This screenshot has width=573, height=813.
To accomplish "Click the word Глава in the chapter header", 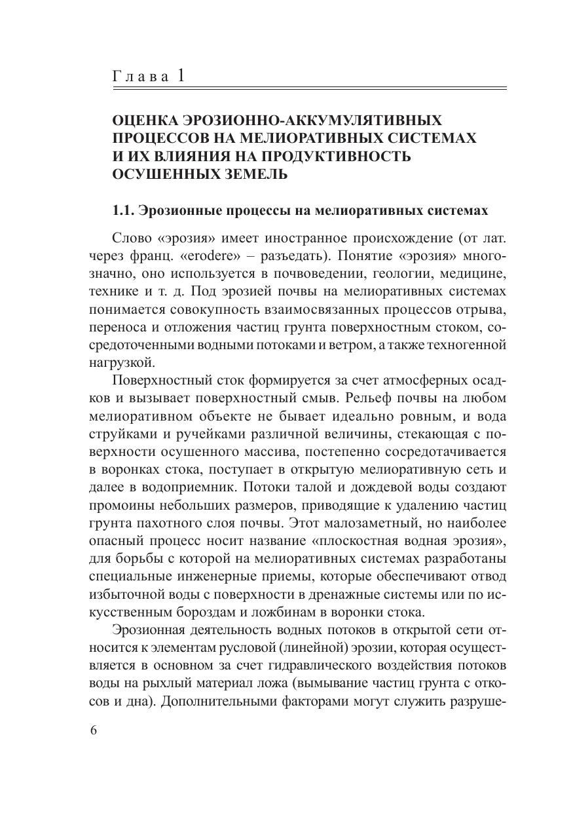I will point(140,77).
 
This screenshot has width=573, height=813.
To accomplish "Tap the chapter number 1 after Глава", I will point(180,76).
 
